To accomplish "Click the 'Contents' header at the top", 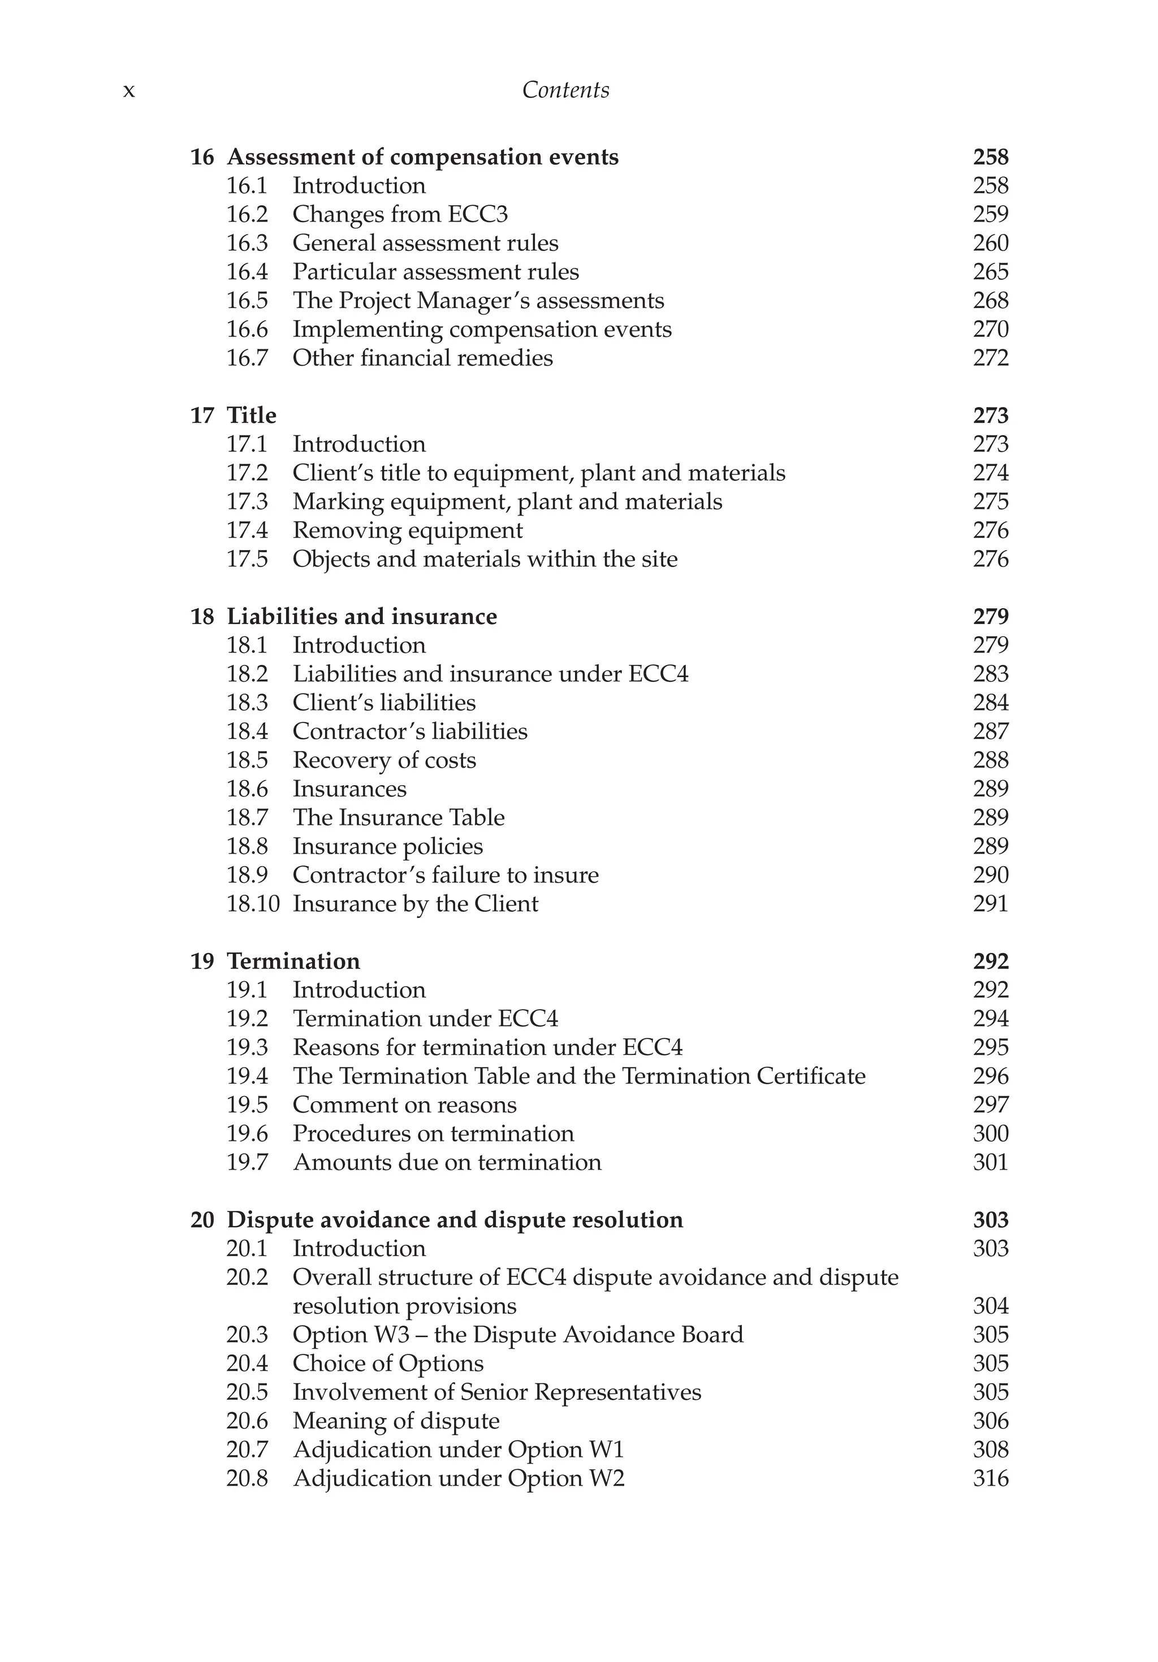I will (x=565, y=90).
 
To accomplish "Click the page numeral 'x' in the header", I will (x=129, y=91).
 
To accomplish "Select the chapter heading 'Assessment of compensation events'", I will (x=422, y=157).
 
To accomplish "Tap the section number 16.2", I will (x=247, y=214).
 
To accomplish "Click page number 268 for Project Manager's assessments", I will (x=990, y=300).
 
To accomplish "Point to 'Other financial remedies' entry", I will (x=422, y=358).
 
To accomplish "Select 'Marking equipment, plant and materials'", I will (x=507, y=501).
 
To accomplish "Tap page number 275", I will (x=990, y=501).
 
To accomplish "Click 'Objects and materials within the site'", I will (x=485, y=559).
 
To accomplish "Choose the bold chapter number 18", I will (x=202, y=617).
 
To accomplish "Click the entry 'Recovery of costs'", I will (x=384, y=760).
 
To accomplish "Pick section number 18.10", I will (x=253, y=904).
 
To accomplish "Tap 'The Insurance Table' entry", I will (x=398, y=817).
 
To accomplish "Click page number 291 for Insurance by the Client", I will (x=990, y=904).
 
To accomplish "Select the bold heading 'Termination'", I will (x=293, y=961).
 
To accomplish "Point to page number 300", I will (x=990, y=1133).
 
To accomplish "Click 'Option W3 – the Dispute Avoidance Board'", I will (x=518, y=1335).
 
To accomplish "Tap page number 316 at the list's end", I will (x=990, y=1478).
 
